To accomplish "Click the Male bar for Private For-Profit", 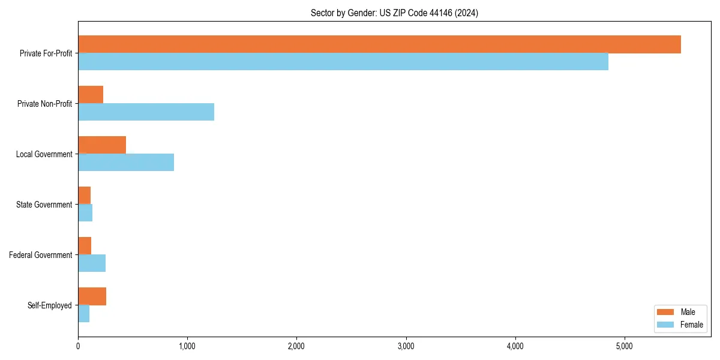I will click(379, 44).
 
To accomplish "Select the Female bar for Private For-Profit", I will click(343, 62).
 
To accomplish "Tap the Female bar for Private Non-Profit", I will click(146, 112).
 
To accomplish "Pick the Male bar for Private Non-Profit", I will click(91, 95).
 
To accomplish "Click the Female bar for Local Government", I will click(126, 163).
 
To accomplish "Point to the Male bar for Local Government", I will click(102, 145).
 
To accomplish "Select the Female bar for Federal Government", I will click(92, 263).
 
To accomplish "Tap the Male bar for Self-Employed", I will click(92, 296).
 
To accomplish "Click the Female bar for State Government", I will click(85, 213).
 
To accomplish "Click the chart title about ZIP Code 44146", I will click(394, 13).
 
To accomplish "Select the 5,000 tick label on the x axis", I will click(625, 346).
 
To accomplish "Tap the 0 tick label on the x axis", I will click(78, 346).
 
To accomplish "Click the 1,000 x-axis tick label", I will click(187, 346).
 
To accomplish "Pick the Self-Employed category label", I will click(50, 305).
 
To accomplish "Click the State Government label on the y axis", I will click(44, 205).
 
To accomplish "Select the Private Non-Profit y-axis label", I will click(44, 104).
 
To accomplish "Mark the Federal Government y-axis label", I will click(41, 255).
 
